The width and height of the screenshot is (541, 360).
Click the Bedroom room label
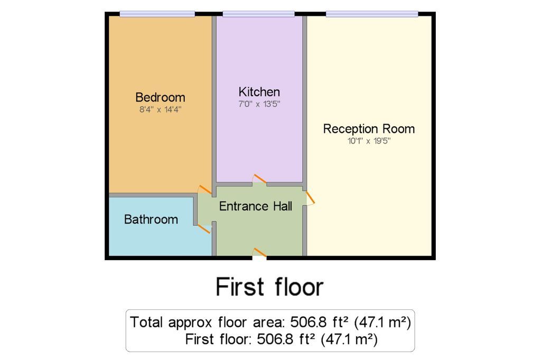pos(160,97)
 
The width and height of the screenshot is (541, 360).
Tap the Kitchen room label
pos(259,92)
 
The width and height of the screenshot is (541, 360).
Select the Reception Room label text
pos(369,129)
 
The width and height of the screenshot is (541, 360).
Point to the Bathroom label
pos(151,219)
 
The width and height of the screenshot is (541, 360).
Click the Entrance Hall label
pos(256,206)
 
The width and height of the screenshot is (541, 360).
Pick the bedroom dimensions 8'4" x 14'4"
pos(160,110)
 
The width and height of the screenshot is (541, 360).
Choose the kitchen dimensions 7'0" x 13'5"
pos(259,104)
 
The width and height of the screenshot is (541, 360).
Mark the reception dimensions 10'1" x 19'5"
pos(369,141)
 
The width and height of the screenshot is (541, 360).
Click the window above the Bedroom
pos(157,14)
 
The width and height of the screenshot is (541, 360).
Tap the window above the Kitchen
pos(258,14)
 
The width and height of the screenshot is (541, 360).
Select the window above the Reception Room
pos(372,14)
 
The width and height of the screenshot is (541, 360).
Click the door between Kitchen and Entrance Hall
pos(259,179)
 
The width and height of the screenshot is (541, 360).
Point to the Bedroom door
pos(204,190)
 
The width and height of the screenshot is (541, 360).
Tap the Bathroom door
pos(204,229)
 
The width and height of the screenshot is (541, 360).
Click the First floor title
pos(269,287)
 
